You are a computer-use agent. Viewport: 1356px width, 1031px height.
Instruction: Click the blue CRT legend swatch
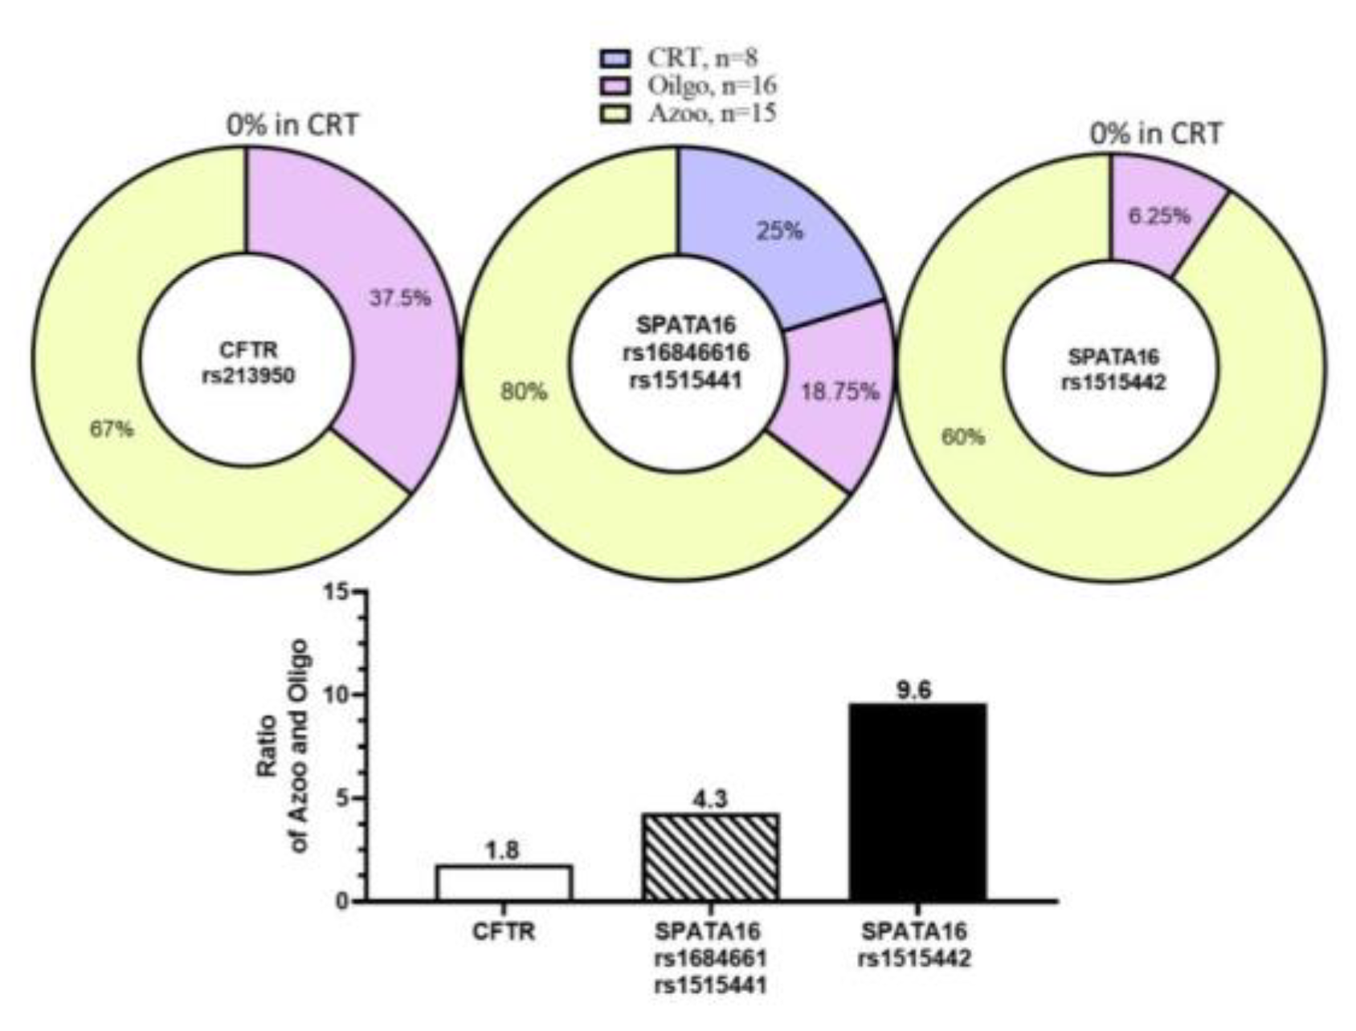coord(616,58)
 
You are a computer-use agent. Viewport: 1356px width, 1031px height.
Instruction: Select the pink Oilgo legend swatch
coord(616,85)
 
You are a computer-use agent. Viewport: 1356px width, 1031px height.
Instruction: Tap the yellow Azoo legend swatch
coord(616,113)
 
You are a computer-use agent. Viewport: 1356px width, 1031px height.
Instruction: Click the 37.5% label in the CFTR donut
coord(400,298)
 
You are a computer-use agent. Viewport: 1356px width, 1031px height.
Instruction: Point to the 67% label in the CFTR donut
coord(112,430)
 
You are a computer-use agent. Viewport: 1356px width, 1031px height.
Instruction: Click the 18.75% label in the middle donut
coord(840,392)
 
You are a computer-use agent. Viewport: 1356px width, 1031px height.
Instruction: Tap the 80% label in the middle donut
coord(524,392)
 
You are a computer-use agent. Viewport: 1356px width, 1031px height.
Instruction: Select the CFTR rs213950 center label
coord(248,363)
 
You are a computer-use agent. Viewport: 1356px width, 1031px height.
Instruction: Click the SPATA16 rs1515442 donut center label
coord(1113,369)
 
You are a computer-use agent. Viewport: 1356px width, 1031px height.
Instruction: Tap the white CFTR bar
coord(504,882)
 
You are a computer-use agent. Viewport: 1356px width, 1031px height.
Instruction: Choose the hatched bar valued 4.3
coord(710,857)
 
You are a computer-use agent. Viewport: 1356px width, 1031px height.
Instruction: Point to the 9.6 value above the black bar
coord(914,690)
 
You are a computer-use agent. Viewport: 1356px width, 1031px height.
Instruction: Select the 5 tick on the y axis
coord(343,799)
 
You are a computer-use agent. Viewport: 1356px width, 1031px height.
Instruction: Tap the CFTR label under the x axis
coord(504,932)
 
